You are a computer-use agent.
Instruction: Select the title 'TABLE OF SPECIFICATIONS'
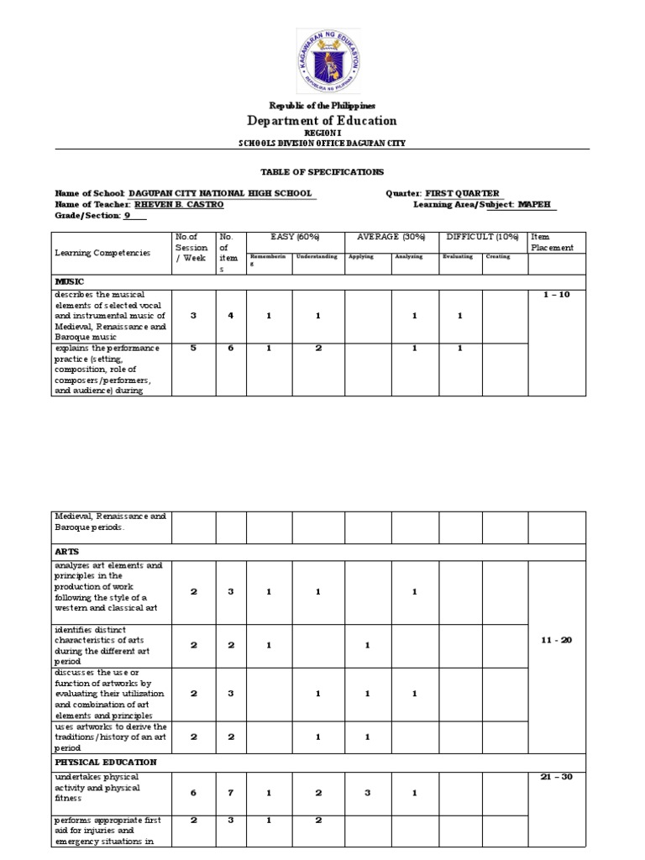tap(322, 171)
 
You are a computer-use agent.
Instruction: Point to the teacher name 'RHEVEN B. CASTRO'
tap(178, 204)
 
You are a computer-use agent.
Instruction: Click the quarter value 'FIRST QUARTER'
tap(462, 193)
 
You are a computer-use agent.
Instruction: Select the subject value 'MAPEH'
tap(536, 204)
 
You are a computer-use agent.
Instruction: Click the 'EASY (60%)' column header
tap(295, 238)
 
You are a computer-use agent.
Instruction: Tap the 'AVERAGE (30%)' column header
tap(391, 238)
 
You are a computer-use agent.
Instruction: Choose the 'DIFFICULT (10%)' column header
tap(482, 238)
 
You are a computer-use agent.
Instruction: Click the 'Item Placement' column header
tap(552, 243)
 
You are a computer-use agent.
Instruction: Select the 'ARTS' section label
tap(66, 551)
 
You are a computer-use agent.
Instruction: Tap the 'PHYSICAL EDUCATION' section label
tap(106, 762)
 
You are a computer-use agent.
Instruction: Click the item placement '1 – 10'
tap(556, 295)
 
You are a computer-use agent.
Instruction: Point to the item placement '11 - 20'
tap(556, 640)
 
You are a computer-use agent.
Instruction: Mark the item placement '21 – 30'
tap(556, 777)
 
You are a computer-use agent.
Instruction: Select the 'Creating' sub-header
tap(498, 257)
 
